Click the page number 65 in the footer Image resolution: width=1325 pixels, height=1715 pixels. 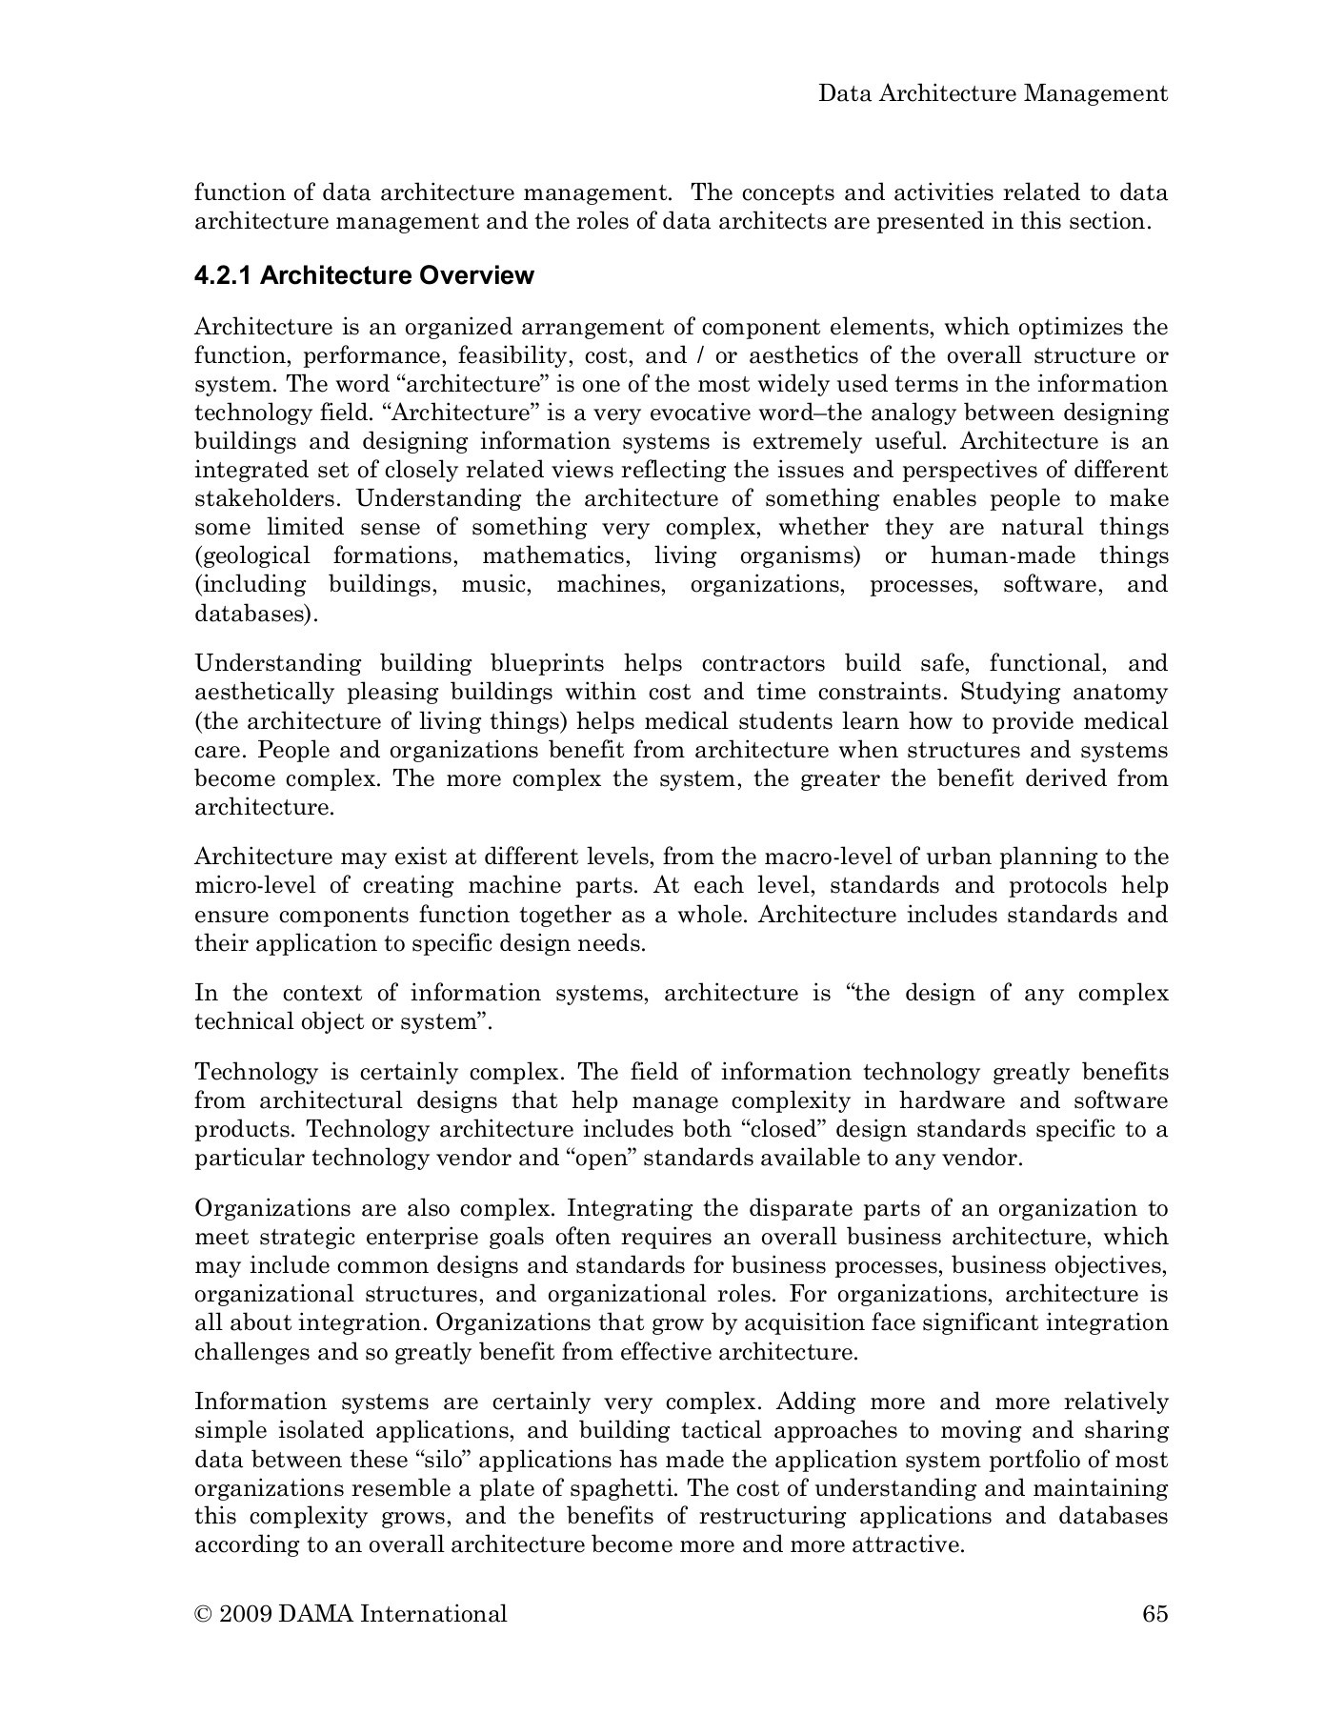1154,1613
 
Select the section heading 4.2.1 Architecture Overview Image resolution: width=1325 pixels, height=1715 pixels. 364,275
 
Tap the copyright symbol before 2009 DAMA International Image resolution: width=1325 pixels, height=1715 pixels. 202,1614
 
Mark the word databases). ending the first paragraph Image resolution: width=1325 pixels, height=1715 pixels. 255,614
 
